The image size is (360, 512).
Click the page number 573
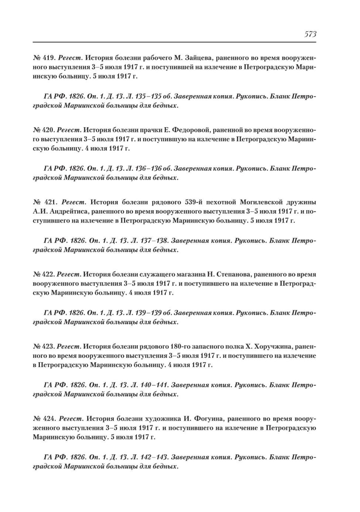310,34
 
